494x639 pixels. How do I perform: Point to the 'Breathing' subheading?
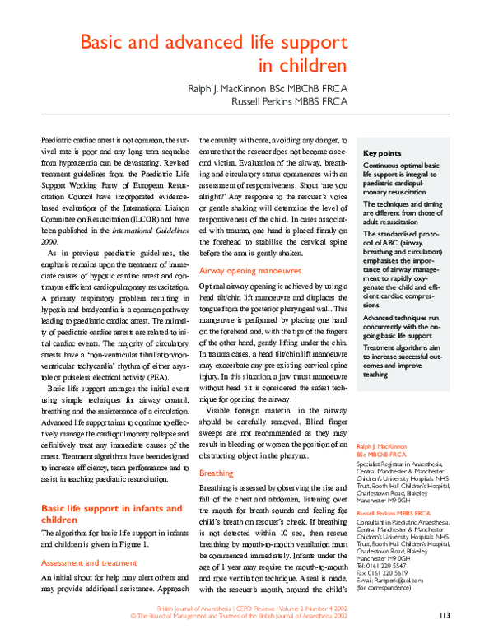(217, 473)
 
